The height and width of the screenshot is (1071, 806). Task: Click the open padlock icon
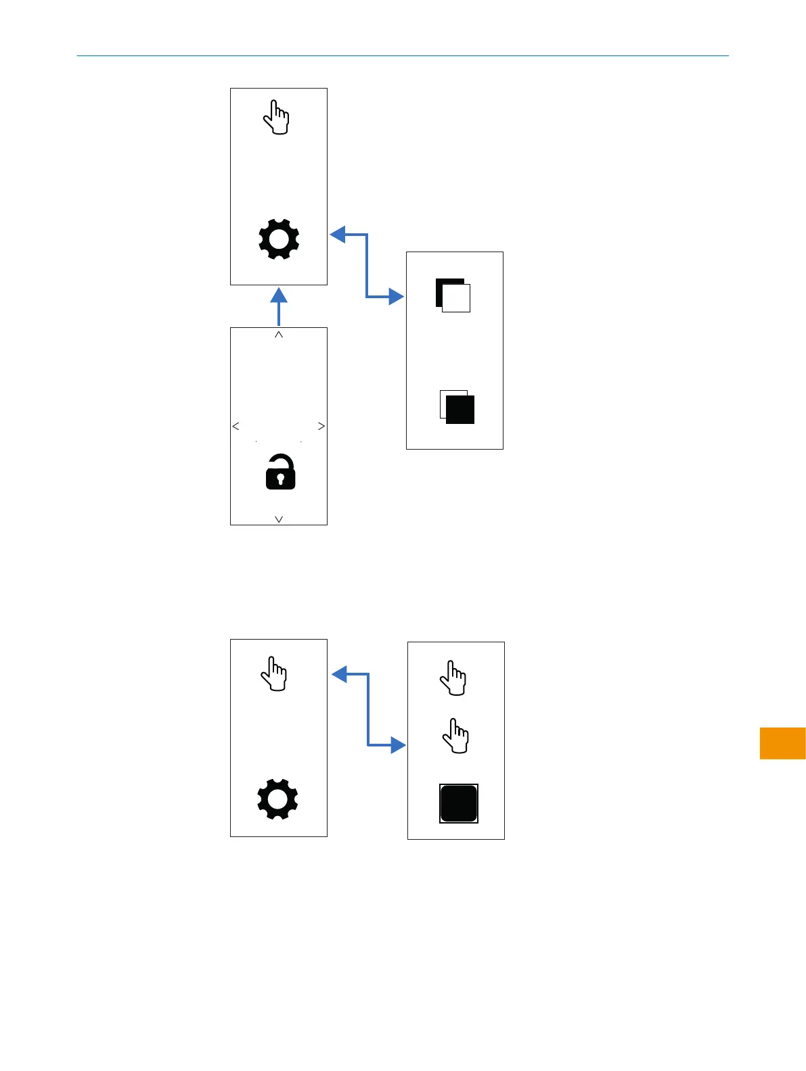point(280,472)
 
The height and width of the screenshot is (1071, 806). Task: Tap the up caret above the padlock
point(279,335)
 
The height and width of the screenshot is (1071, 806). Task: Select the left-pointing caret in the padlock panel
point(236,426)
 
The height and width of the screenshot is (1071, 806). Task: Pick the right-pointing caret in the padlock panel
point(321,426)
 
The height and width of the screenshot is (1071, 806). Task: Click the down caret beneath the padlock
point(279,519)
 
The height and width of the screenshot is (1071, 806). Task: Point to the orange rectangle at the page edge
point(782,743)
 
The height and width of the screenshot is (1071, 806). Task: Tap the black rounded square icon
point(459,803)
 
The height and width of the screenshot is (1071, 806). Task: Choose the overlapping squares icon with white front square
point(453,295)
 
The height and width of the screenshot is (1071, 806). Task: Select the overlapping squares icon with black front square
point(457,407)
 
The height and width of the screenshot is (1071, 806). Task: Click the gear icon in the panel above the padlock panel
point(279,239)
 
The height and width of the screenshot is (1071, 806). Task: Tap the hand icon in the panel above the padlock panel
point(276,118)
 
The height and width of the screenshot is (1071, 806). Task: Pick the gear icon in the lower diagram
point(277,799)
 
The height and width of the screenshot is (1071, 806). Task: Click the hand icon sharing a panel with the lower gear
point(274,673)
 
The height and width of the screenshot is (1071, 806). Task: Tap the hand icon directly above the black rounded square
point(455,736)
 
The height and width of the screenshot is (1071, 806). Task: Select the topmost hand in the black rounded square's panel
point(453,678)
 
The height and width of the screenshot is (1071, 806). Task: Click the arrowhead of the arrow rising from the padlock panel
point(279,295)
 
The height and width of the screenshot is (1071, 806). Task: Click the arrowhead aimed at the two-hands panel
point(398,745)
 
